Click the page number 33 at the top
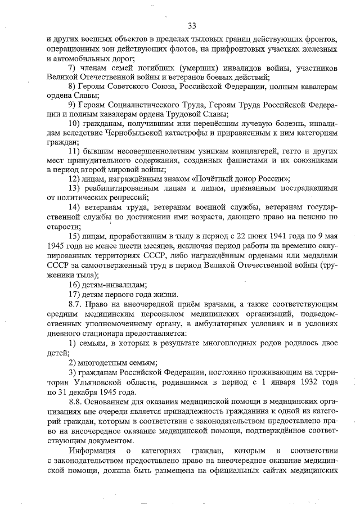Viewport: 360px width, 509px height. click(x=192, y=26)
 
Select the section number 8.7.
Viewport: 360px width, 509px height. click(x=75, y=304)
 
